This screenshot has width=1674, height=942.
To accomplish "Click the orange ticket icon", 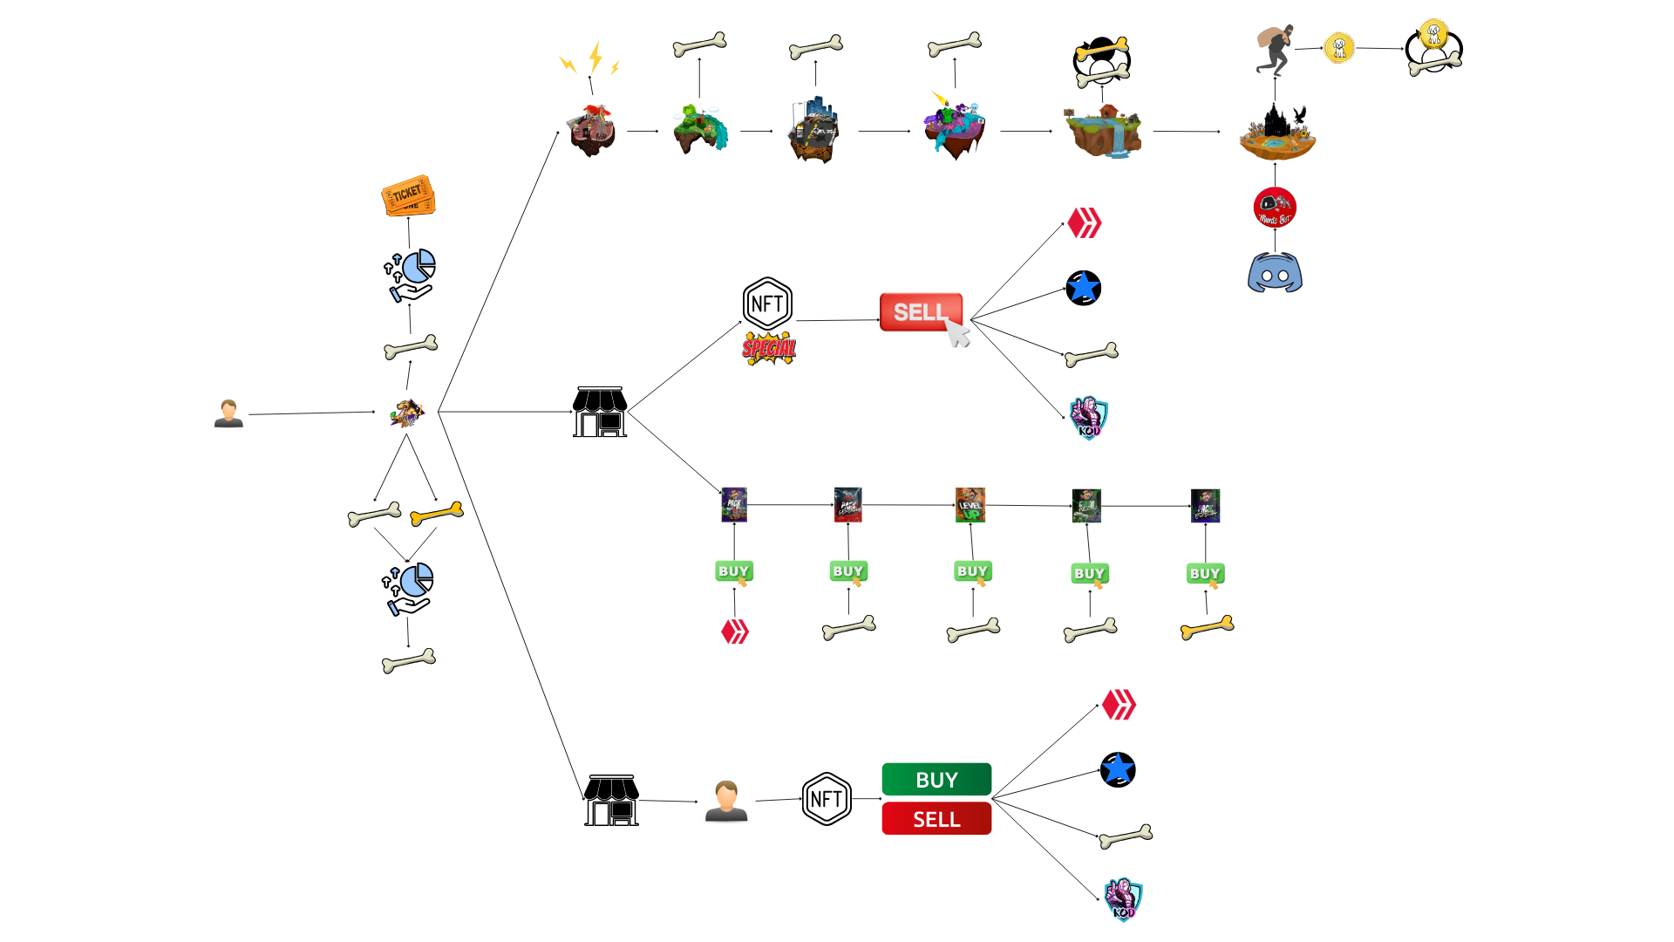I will click(x=408, y=195).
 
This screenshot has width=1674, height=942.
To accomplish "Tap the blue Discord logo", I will click(x=1275, y=273).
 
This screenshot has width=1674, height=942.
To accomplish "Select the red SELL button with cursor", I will click(x=922, y=312).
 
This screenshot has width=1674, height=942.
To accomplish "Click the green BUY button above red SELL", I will click(x=936, y=779).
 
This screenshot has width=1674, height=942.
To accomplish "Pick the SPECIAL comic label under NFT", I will click(x=769, y=349).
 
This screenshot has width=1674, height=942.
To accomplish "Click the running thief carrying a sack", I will click(x=1275, y=49).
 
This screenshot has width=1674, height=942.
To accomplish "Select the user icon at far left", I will click(x=228, y=413).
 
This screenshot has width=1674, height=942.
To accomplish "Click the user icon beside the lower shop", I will click(x=726, y=801).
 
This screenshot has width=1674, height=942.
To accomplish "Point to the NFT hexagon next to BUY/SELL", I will click(x=826, y=799).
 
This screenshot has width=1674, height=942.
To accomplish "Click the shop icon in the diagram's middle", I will click(x=600, y=412).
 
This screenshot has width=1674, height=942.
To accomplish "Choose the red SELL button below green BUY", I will click(x=936, y=819).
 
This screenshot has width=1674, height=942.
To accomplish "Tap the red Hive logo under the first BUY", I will click(x=735, y=631).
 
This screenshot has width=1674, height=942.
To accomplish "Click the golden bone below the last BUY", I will click(x=1207, y=627).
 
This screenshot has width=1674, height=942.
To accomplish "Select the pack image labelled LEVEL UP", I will click(x=970, y=505).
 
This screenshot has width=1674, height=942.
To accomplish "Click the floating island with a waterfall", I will click(x=1103, y=131).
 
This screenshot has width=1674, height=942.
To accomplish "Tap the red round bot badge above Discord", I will click(x=1275, y=208).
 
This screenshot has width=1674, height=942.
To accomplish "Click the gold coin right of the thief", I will click(x=1338, y=47).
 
